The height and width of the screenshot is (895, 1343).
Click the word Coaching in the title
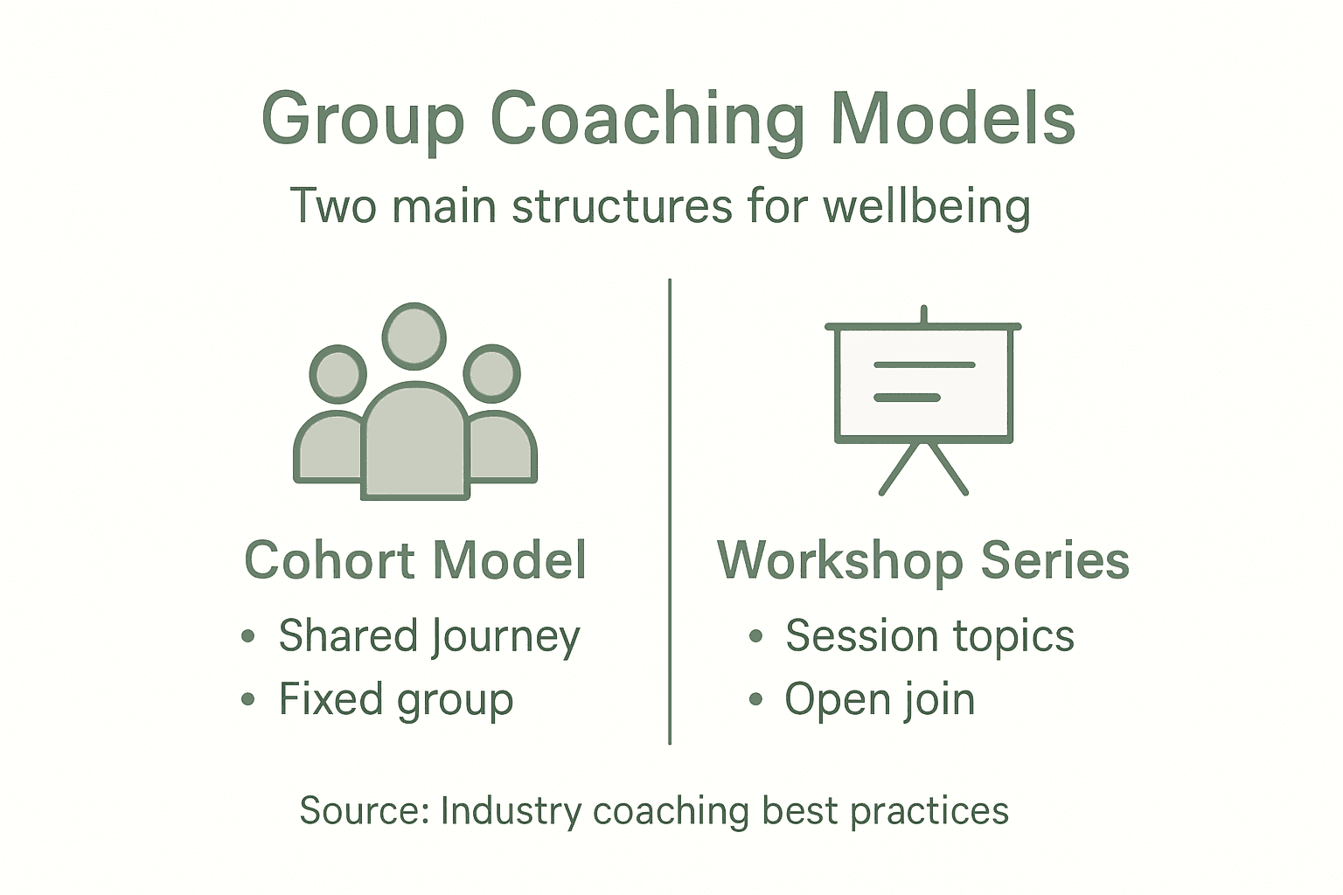pos(646,120)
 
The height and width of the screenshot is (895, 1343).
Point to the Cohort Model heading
pos(415,560)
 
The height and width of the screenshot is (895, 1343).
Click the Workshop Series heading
pos(923,560)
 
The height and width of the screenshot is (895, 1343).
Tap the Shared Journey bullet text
pos(428,636)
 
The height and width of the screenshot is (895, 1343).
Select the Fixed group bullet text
pos(395,700)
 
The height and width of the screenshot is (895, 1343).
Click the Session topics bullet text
pos(929,636)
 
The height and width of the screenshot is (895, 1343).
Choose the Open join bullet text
pos(880,700)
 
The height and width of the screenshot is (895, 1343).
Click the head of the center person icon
pos(414,336)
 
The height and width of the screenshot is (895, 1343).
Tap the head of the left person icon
pos(337,374)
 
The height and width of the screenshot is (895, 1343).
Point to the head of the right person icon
pos(492,374)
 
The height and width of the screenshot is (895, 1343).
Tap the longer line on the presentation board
pos(924,364)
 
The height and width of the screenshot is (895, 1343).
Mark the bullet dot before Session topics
pos(755,637)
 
